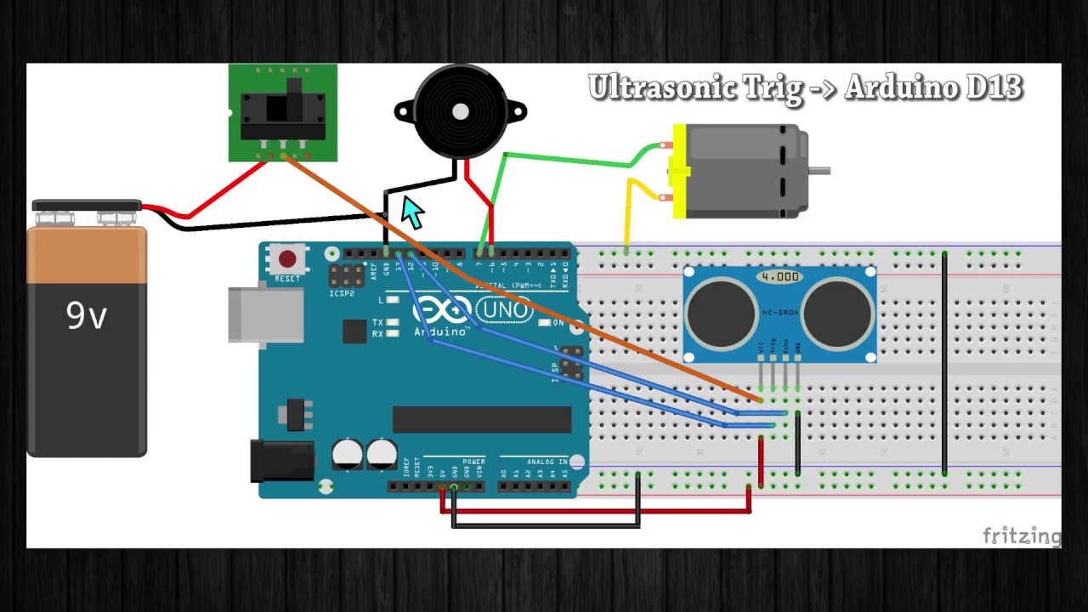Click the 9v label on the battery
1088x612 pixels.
87,315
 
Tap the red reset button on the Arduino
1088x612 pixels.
287,259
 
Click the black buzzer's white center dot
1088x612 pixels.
460,111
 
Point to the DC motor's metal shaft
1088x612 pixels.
819,171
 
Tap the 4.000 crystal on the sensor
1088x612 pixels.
779,277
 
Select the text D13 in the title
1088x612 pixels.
994,88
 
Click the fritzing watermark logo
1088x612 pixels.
1022,535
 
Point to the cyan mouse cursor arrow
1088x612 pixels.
412,212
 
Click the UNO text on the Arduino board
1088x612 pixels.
505,310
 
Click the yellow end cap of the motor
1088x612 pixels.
679,171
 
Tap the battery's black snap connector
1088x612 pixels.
87,207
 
